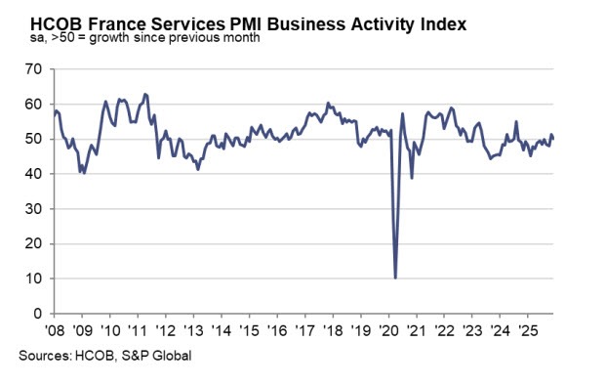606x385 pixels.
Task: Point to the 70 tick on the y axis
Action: (33, 69)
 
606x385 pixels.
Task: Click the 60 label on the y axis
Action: (33, 105)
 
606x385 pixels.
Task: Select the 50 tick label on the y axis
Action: (33, 139)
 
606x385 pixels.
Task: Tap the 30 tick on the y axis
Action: (33, 209)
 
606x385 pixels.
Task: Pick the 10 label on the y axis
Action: (33, 279)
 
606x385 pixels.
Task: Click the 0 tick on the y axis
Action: (37, 315)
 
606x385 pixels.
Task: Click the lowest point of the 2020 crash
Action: (395, 278)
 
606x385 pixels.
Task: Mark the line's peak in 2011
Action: (145, 94)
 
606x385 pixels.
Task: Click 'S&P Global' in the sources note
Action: (160, 356)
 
